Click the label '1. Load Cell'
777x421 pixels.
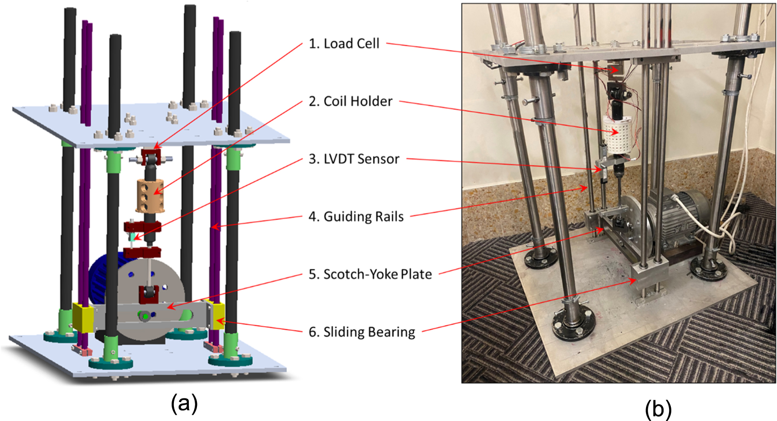coord(344,43)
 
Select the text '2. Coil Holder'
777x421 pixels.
coord(351,101)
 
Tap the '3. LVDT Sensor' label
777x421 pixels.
coord(354,159)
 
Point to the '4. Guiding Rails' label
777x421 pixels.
coord(356,216)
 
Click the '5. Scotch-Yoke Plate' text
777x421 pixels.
coord(370,274)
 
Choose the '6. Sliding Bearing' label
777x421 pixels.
coord(362,332)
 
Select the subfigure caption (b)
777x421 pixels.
coord(658,409)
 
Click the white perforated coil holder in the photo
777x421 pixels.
coord(618,135)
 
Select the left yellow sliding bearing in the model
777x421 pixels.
coord(82,317)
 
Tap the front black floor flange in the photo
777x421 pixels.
coord(571,324)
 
